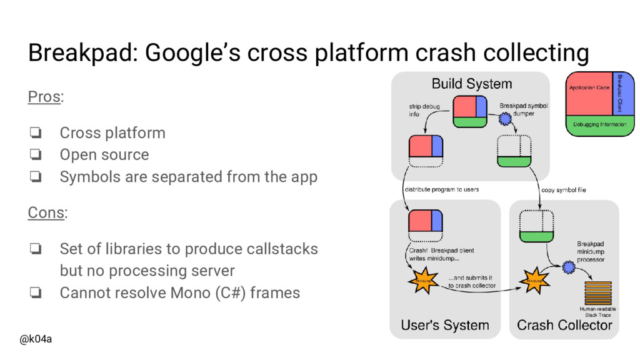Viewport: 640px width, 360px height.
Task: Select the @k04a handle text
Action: pos(36,339)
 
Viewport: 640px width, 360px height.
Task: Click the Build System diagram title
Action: pos(472,84)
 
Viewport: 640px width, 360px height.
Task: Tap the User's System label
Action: pos(444,325)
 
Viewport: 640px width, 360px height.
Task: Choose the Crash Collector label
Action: pos(564,325)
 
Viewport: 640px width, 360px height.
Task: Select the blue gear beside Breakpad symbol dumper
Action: pos(505,118)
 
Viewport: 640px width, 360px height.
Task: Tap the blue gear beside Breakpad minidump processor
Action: pos(569,267)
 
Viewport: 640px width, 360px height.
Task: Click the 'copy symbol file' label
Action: pos(563,189)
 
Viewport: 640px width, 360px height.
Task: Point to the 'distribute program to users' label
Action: pos(442,189)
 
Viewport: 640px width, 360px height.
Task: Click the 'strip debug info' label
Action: pos(424,111)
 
